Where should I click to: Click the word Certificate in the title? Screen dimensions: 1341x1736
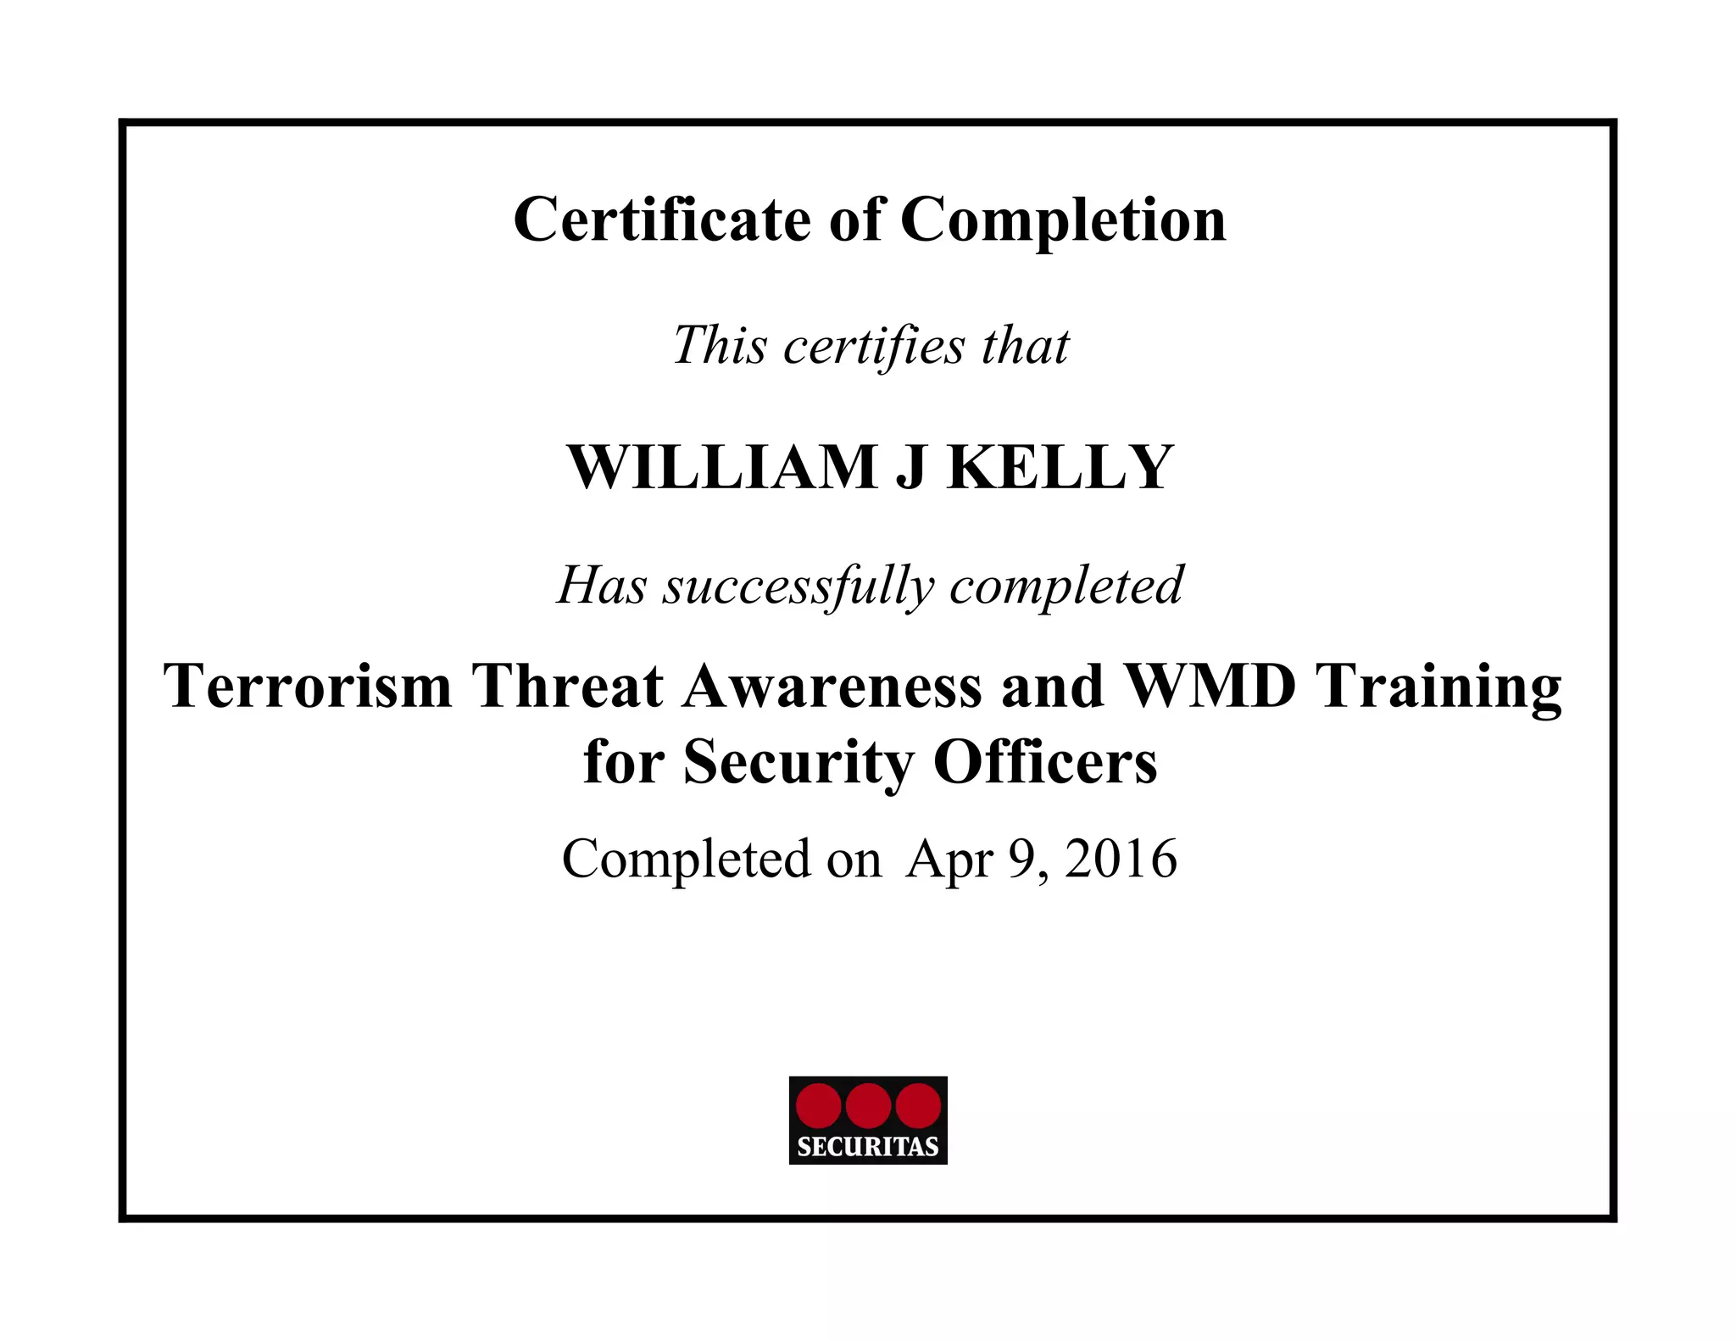coord(662,220)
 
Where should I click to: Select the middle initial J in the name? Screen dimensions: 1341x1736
coord(910,469)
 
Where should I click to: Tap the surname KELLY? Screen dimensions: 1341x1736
coord(1060,467)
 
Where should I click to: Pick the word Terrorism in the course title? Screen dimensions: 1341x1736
coord(308,685)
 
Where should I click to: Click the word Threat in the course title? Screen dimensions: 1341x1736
coord(567,685)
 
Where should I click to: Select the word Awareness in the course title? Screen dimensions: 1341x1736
coord(832,685)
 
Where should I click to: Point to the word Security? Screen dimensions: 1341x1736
coord(798,762)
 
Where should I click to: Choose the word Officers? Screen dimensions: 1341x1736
coord(1045,761)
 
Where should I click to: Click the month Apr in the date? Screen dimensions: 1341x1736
coord(949,860)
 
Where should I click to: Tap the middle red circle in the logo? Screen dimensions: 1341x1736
coord(868,1106)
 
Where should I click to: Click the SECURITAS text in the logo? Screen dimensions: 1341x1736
coord(868,1147)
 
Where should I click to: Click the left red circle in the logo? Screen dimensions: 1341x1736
coord(819,1106)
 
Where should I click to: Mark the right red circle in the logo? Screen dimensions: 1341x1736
coord(918,1106)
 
